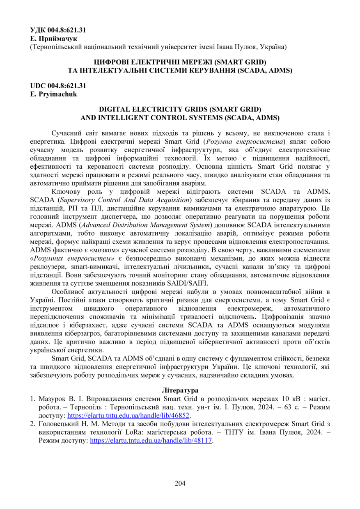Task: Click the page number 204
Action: (x=180, y=483)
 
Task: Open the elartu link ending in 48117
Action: (x=151, y=440)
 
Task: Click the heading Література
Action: (x=180, y=390)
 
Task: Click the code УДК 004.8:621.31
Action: (x=58, y=30)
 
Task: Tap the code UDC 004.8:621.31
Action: (x=58, y=86)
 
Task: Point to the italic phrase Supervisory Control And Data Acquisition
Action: (x=125, y=200)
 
